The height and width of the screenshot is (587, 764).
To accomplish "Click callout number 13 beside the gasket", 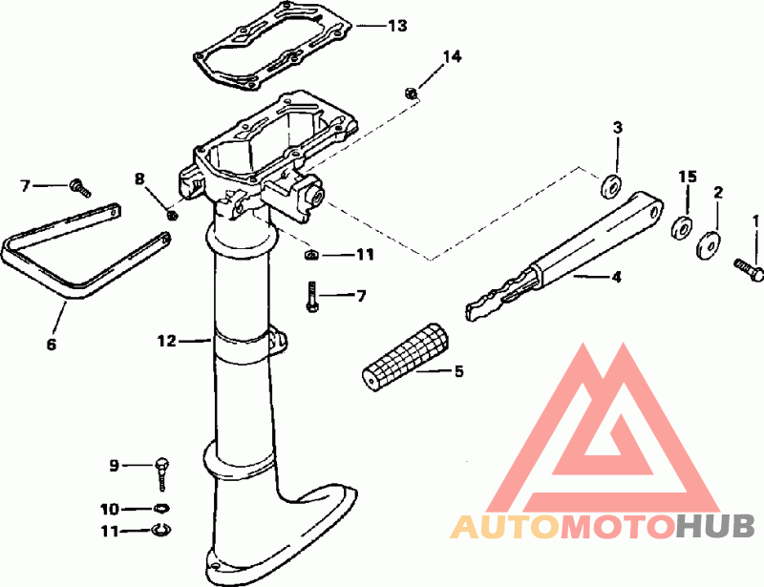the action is [397, 25].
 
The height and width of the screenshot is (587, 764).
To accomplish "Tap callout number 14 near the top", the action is [451, 57].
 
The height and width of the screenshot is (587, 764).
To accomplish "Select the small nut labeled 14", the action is [410, 93].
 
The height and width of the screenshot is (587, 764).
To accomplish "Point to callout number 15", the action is [688, 178].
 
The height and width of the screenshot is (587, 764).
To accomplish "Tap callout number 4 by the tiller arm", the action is [616, 278].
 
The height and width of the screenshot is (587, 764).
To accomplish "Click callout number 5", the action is [458, 370].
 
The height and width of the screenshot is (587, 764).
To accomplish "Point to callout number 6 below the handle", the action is [52, 344].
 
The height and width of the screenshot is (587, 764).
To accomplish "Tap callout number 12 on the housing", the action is [168, 339].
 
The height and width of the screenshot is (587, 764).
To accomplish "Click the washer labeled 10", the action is [161, 508].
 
